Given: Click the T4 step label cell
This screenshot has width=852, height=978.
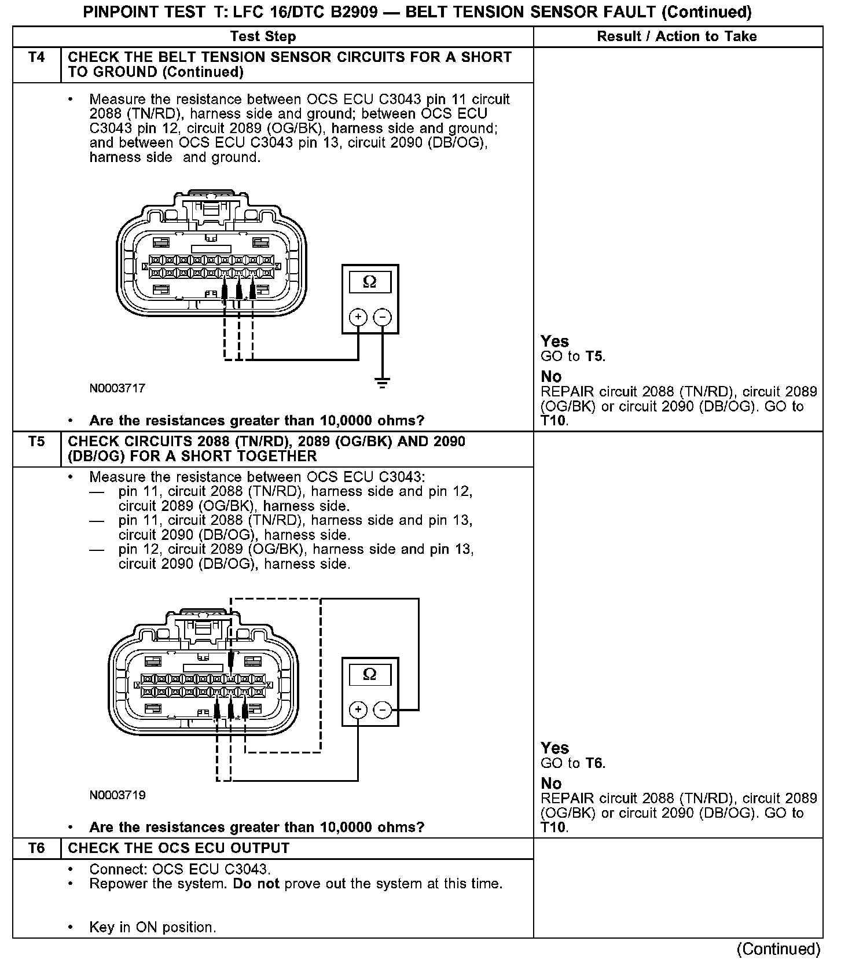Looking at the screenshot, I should click(36, 58).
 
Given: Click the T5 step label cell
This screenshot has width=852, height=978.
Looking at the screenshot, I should click(36, 442).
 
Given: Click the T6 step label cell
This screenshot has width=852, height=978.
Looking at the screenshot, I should click(36, 848).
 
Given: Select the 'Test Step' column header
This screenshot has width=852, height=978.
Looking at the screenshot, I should click(263, 36).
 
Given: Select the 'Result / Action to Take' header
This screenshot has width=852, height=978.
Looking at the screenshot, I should click(677, 36).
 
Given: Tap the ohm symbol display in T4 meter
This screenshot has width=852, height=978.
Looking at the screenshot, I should click(369, 282).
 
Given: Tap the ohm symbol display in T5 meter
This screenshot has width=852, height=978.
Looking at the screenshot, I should click(369, 675).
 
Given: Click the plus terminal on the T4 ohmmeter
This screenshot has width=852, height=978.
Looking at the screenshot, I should click(358, 317).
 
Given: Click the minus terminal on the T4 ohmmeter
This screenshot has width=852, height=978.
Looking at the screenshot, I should click(382, 317).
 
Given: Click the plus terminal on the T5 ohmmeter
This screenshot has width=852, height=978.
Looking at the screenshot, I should click(358, 709).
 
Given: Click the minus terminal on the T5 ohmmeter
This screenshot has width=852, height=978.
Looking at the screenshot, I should click(382, 709).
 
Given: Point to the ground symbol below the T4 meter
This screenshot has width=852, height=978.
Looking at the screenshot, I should click(382, 383).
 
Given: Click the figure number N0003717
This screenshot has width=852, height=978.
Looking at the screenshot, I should click(117, 388).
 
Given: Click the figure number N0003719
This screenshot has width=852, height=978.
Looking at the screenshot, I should click(117, 795).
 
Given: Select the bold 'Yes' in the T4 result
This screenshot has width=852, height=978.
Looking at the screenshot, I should click(554, 341).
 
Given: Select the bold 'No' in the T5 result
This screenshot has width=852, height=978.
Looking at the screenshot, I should click(551, 784).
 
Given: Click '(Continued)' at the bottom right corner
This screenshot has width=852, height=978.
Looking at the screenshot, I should click(778, 950).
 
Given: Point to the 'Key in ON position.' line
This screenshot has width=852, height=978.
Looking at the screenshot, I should click(152, 928).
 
